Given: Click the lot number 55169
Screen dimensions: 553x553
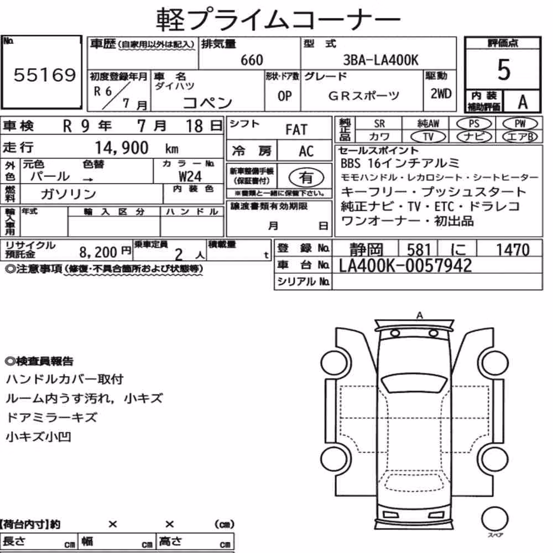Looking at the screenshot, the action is [45, 75].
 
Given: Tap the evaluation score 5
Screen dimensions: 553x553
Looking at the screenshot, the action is [504, 70].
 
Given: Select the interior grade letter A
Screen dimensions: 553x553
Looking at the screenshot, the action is [523, 102].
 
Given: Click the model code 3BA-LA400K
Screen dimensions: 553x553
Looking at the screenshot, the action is [380, 60].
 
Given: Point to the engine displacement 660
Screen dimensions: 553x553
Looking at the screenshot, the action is [252, 60].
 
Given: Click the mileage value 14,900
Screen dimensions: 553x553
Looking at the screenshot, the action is [122, 148].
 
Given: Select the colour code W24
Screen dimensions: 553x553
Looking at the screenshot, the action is [190, 176].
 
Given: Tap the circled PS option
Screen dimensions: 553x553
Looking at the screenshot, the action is [474, 124].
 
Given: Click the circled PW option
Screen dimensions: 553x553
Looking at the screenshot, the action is [520, 123].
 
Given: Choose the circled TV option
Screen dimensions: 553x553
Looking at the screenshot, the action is [428, 137].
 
